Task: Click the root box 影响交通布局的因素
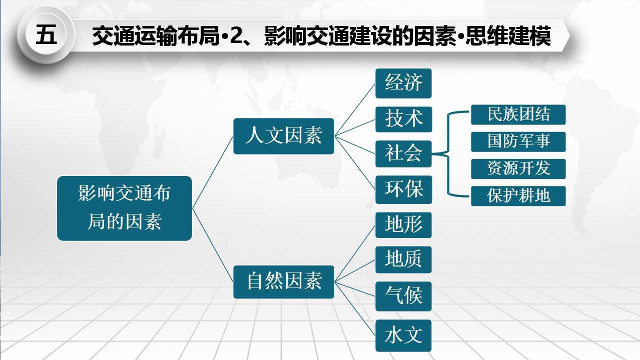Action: (x=125, y=208)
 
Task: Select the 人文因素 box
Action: (x=284, y=136)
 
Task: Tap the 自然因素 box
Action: (x=284, y=282)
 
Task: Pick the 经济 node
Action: (x=403, y=83)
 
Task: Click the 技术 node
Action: (x=404, y=119)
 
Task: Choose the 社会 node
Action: (x=403, y=153)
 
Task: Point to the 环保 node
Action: (x=404, y=189)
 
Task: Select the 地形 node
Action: (x=403, y=225)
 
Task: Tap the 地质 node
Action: (x=403, y=260)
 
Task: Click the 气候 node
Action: (x=403, y=296)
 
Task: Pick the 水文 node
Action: (x=403, y=335)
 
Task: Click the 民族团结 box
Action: (x=518, y=115)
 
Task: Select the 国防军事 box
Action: (x=518, y=142)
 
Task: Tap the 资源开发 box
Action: (x=518, y=169)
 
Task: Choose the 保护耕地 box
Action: (x=518, y=196)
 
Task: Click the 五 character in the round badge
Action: (x=46, y=34)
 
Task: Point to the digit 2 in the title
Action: (x=236, y=35)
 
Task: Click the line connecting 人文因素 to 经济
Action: (x=355, y=109)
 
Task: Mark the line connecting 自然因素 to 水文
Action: (x=355, y=309)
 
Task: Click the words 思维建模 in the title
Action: (x=508, y=35)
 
